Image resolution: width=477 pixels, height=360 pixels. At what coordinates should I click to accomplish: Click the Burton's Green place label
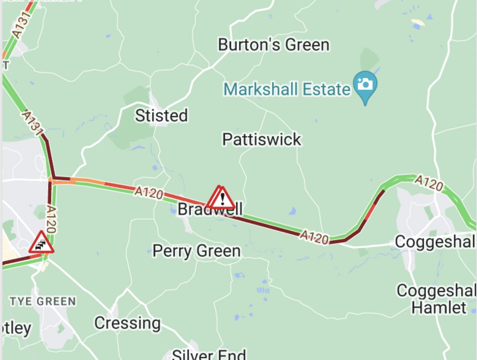[x=273, y=44]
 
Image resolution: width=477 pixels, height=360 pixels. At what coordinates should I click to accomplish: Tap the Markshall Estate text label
[x=287, y=88]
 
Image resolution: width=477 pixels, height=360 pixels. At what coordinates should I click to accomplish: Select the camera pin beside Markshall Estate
[x=365, y=85]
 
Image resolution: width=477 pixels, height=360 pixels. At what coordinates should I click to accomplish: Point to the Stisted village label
[x=161, y=116]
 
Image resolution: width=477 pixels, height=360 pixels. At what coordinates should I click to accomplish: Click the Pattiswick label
[x=262, y=140]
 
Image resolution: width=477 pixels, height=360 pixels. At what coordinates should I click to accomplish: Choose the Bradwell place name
[x=210, y=210]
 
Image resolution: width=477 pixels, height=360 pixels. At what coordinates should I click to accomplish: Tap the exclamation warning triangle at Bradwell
[x=222, y=199]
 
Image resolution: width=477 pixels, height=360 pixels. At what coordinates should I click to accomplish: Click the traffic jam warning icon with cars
[x=41, y=243]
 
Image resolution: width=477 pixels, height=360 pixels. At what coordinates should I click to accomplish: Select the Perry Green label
[x=196, y=251]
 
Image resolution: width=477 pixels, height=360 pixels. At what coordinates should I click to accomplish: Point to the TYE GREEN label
[x=43, y=302]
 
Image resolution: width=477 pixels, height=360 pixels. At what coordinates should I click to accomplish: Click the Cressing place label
[x=127, y=323]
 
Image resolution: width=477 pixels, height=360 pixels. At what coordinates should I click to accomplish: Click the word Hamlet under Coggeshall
[x=438, y=307]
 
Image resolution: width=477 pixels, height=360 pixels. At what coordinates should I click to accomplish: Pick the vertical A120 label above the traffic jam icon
[x=51, y=219]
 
